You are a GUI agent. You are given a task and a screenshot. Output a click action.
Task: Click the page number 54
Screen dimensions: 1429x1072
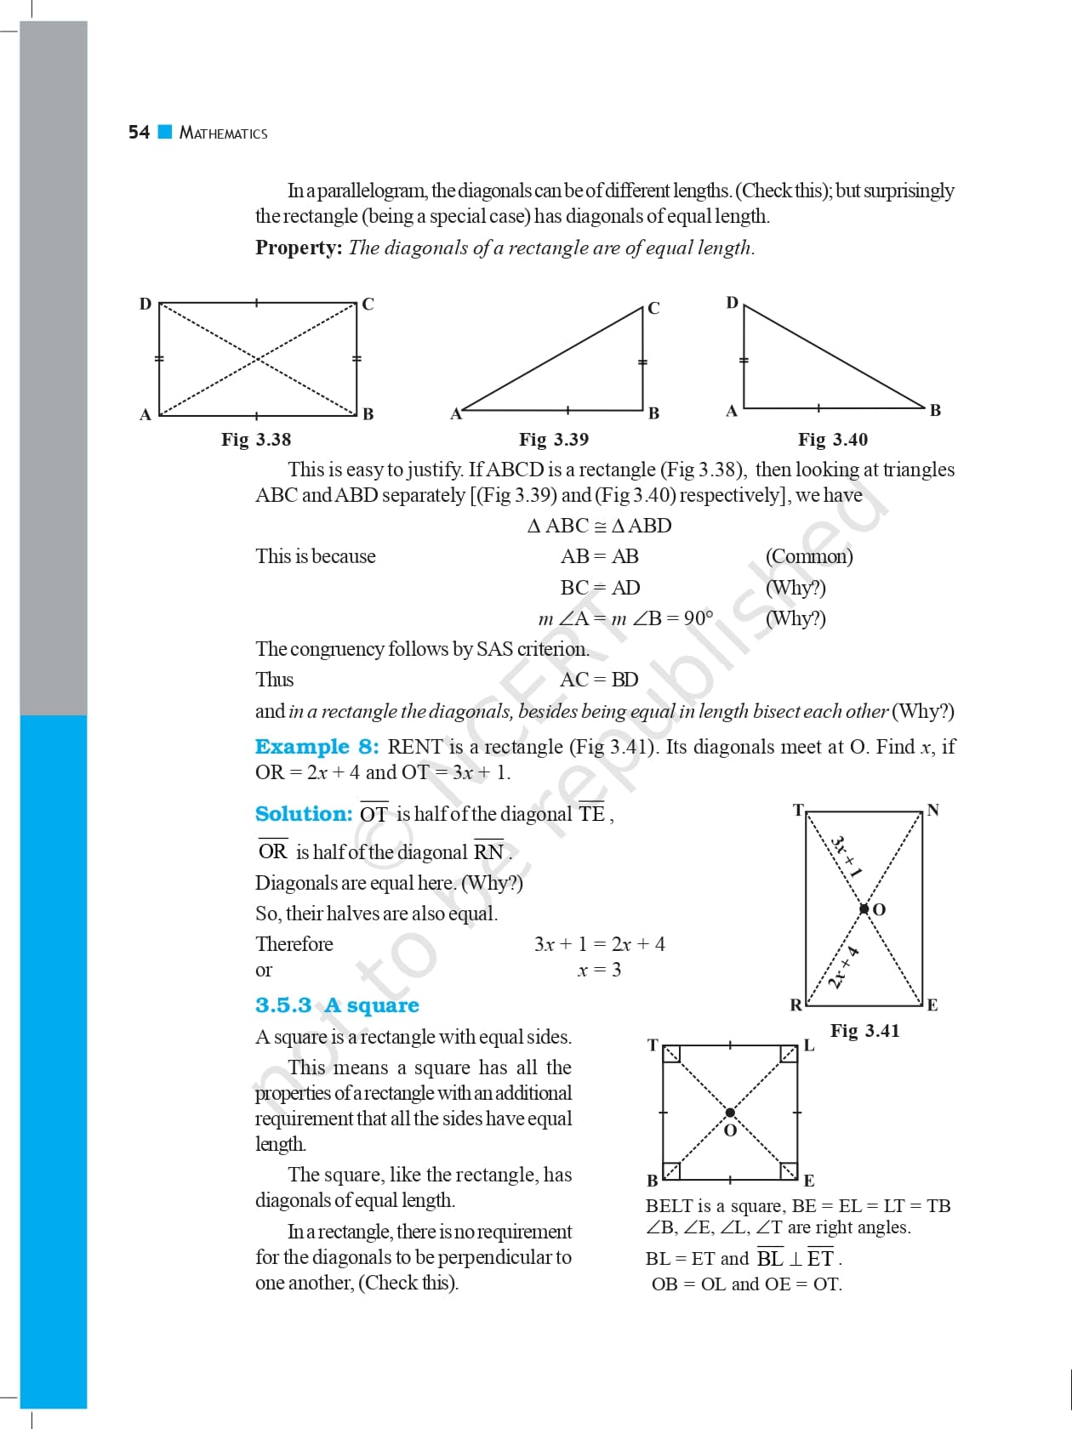(139, 132)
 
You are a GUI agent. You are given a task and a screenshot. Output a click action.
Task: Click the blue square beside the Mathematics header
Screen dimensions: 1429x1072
(165, 132)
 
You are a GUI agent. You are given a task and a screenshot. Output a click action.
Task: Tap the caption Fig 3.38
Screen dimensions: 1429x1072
(256, 440)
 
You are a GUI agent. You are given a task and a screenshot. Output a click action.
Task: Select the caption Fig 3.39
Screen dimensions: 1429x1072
(554, 440)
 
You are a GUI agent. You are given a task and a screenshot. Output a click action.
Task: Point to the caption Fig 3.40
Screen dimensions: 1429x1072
(833, 440)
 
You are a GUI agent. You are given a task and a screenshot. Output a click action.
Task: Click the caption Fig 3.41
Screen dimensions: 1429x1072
(864, 1031)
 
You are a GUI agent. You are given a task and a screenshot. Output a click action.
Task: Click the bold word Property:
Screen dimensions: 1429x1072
(299, 248)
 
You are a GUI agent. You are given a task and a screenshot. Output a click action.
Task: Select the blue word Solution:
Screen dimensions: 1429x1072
(304, 814)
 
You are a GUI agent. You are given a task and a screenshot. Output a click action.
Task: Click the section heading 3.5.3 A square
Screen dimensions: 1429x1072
(337, 1005)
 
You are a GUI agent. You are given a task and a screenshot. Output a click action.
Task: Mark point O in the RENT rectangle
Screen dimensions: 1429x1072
(864, 909)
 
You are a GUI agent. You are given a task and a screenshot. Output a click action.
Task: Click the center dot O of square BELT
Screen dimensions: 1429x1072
(730, 1113)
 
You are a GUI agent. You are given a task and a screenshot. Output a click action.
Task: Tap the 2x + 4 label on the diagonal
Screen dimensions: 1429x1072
(843, 967)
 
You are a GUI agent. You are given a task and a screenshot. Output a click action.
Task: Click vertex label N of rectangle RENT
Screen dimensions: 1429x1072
(933, 810)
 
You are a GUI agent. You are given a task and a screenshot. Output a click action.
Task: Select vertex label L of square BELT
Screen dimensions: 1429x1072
(809, 1045)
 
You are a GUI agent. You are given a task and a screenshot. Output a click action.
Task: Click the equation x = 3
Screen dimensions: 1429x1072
(599, 970)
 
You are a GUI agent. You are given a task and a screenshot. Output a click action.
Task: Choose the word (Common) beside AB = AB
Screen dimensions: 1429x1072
(809, 556)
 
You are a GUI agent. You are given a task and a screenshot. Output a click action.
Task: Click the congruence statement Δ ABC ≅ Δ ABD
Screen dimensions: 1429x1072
(599, 526)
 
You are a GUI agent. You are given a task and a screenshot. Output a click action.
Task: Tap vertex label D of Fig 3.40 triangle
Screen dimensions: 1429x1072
(732, 303)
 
